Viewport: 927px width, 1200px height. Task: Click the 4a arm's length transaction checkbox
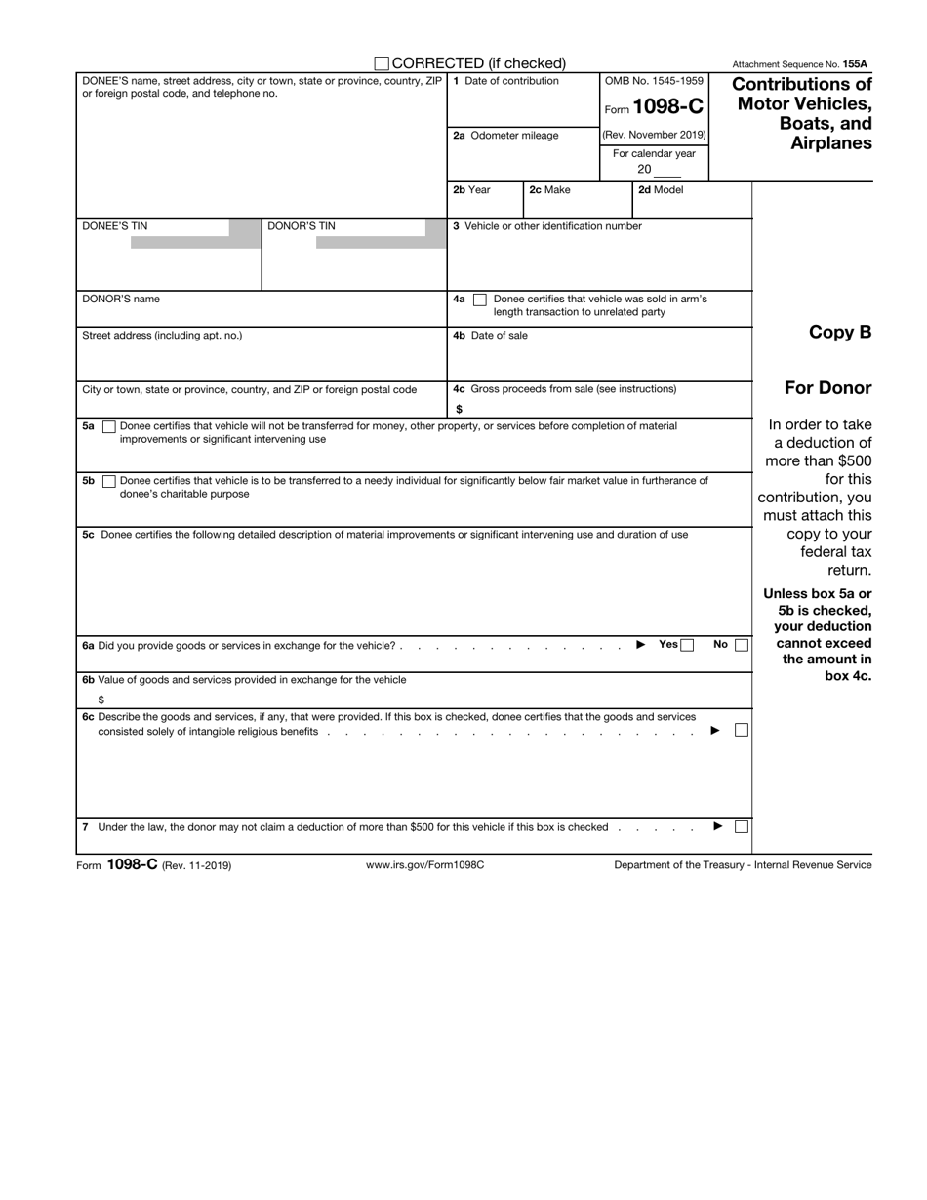tap(479, 300)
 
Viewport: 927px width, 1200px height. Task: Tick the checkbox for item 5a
tap(109, 426)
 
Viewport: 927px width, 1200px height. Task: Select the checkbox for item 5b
tap(109, 481)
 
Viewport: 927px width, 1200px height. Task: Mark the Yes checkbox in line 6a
tap(687, 645)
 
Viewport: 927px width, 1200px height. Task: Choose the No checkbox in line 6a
tap(742, 645)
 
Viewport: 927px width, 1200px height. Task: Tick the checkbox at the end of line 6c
tap(742, 730)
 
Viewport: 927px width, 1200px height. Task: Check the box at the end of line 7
tap(742, 827)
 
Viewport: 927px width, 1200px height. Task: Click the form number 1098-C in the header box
tap(668, 108)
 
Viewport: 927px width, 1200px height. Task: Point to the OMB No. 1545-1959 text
tap(654, 81)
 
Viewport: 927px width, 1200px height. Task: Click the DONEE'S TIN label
tap(115, 226)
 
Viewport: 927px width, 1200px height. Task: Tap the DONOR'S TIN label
tap(301, 226)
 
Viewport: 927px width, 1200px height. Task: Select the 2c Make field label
tap(549, 190)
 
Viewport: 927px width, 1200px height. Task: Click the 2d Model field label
tap(661, 190)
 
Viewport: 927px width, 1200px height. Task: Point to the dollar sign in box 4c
tap(459, 409)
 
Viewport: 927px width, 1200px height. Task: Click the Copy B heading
tap(840, 332)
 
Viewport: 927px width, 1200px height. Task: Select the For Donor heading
tap(827, 388)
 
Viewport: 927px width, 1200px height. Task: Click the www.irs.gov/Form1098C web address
tap(424, 865)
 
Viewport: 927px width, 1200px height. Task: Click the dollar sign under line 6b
tap(101, 700)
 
